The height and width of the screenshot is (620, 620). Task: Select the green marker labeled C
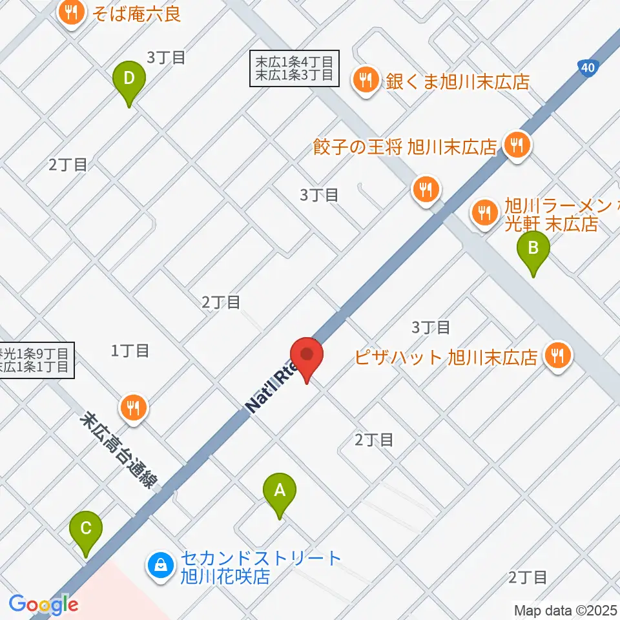[86, 533]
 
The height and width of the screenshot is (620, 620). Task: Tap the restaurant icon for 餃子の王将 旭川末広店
[516, 145]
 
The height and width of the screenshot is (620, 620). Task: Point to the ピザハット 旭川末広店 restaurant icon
[556, 356]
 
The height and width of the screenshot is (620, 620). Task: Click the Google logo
[43, 604]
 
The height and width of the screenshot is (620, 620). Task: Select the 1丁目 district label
[130, 351]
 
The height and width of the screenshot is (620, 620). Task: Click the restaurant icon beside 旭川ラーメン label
[482, 211]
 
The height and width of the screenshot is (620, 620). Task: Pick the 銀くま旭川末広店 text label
[457, 82]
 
